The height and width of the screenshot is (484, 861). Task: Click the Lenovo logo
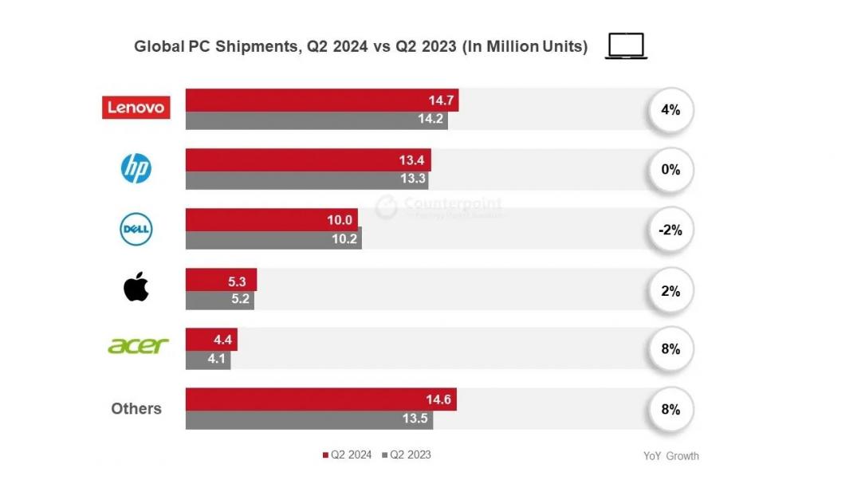136,108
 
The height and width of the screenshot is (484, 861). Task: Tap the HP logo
136,168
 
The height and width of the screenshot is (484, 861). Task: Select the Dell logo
136,230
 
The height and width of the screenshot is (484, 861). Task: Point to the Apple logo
136,287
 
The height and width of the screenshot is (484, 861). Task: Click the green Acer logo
138,346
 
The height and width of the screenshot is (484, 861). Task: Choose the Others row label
136,408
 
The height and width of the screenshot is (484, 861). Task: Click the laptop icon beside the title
626,46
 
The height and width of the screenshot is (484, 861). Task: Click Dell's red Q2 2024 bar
271,219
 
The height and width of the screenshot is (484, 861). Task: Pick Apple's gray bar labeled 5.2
219,300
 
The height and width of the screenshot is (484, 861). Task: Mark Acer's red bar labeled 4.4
211,339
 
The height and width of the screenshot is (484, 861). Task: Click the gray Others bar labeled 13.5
309,420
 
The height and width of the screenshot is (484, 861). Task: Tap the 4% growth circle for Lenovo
670,110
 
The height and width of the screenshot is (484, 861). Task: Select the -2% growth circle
670,230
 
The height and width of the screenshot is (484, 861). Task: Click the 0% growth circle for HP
670,170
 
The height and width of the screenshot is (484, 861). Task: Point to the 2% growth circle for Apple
670,291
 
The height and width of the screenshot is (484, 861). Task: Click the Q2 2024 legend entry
348,454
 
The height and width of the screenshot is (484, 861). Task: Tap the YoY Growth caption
670,456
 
